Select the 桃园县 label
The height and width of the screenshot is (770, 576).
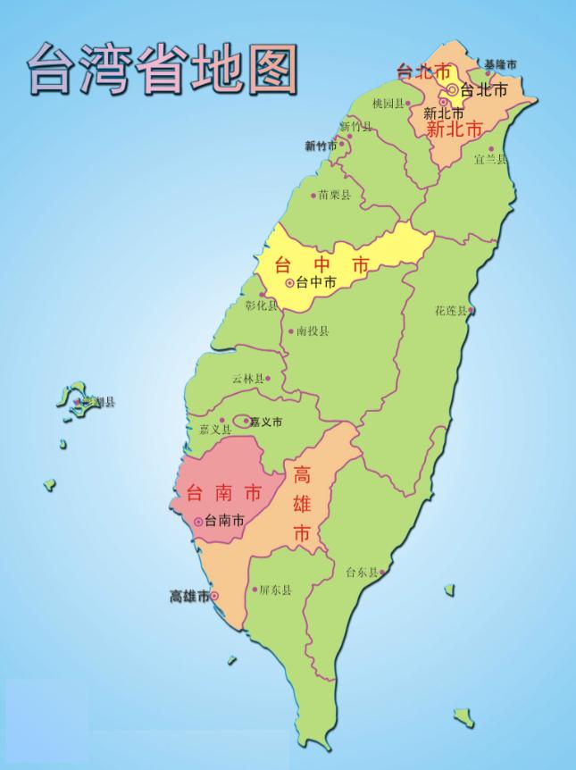pyautogui.click(x=388, y=104)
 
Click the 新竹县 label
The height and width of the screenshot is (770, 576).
pyautogui.click(x=355, y=126)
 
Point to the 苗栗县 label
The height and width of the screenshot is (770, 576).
pyautogui.click(x=335, y=195)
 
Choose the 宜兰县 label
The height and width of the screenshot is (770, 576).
pyautogui.click(x=489, y=159)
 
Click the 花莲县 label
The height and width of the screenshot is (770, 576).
pyautogui.click(x=451, y=311)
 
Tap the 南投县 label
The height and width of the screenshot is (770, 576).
pyautogui.click(x=313, y=331)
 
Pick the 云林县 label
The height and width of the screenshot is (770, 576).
pyautogui.click(x=247, y=378)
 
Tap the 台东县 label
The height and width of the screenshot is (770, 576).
pyautogui.click(x=362, y=573)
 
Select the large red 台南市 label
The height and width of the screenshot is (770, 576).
pyautogui.click(x=224, y=493)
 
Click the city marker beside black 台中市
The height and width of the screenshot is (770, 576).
pyautogui.click(x=289, y=283)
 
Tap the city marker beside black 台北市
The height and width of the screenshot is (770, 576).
pyautogui.click(x=454, y=89)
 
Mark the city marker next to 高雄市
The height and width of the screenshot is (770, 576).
pyautogui.click(x=214, y=596)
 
